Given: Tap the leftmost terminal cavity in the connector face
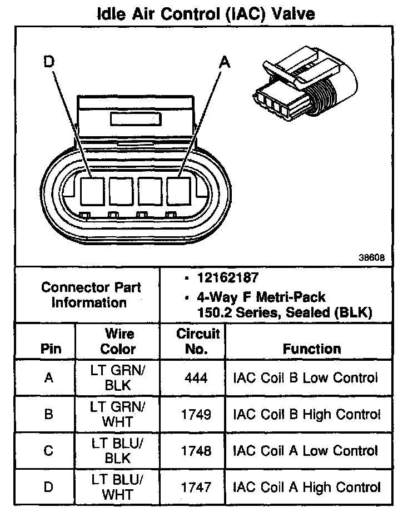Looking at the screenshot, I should (x=92, y=191).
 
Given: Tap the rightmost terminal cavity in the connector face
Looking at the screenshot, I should (x=179, y=191).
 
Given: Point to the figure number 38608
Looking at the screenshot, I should (x=372, y=258).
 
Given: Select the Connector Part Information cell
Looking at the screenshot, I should (x=91, y=295).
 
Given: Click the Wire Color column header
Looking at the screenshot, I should (x=119, y=341).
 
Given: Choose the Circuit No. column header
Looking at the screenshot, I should (x=198, y=341).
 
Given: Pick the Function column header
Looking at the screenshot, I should (x=312, y=349).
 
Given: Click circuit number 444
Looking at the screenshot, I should (x=198, y=378).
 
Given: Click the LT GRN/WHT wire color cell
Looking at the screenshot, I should (x=118, y=415).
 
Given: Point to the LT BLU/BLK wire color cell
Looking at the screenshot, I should (x=118, y=451).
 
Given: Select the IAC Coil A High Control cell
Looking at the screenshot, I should (x=307, y=488).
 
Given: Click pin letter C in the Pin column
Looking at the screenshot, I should (x=49, y=451).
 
